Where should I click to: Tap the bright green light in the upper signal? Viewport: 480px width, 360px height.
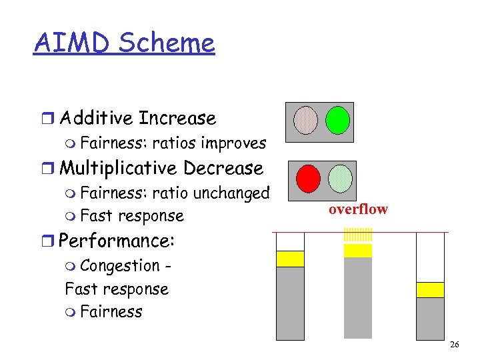point(337,120)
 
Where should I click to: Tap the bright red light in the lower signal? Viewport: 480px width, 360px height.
point(308,178)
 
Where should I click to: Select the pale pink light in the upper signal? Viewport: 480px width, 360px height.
point(306,120)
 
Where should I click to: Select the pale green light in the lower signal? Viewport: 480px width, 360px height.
point(340,178)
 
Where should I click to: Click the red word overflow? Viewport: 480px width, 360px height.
point(357,209)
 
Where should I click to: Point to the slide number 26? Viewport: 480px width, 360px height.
point(455,345)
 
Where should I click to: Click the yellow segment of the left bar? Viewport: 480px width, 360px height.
point(290,259)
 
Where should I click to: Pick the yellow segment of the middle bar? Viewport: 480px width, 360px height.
point(358,251)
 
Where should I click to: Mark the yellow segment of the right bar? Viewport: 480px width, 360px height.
point(430,289)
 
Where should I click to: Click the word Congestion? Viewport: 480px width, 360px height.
point(119,265)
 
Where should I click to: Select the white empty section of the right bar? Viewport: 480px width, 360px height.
point(430,257)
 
